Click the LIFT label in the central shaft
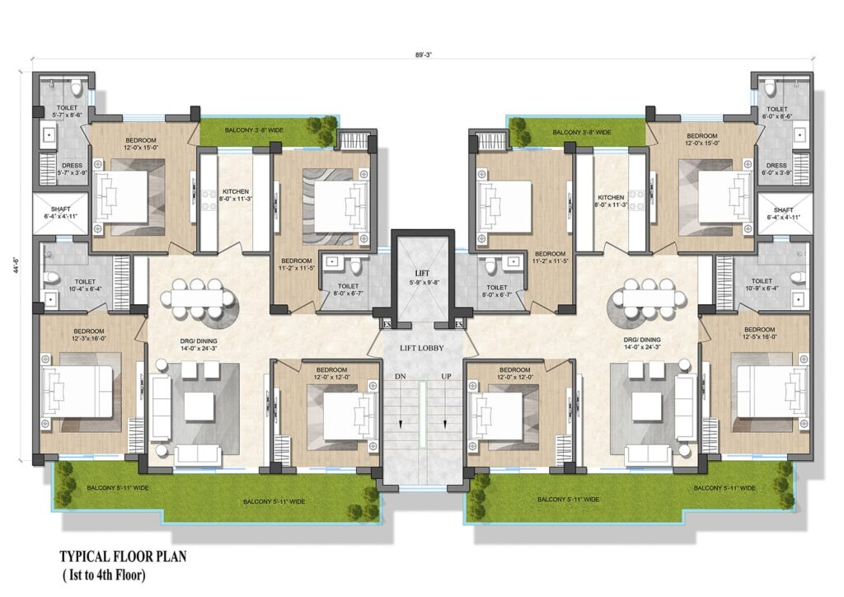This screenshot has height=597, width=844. point(422,272)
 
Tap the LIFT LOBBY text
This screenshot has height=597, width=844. point(422,348)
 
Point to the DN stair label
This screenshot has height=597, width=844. point(401,376)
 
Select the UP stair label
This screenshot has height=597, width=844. point(446,376)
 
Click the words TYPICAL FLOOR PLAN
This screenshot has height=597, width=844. point(123,557)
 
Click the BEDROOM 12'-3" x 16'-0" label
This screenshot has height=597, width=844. point(71,332)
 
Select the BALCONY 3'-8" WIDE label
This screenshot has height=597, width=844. point(581,132)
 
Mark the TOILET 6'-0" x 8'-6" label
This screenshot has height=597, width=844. point(777,113)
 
